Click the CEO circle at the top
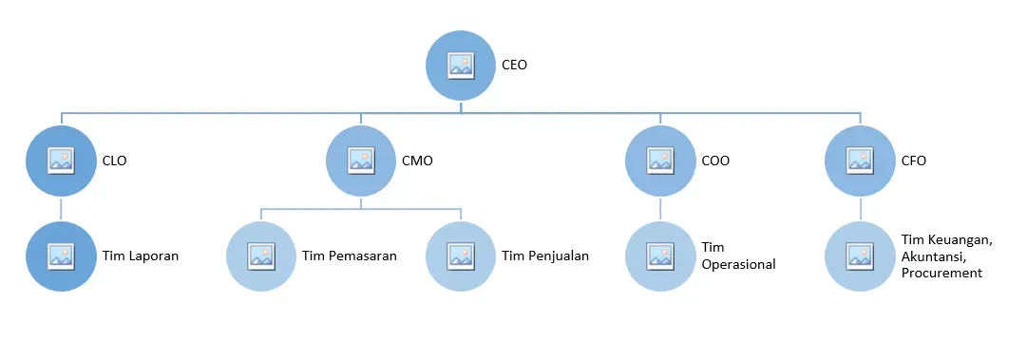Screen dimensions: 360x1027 pyautogui.click(x=461, y=66)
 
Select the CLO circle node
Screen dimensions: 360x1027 pyautogui.click(x=62, y=161)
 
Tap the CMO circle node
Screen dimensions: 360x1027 pyautogui.click(x=361, y=161)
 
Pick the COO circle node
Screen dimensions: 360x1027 pyautogui.click(x=660, y=161)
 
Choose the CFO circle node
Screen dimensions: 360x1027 pyautogui.click(x=860, y=161)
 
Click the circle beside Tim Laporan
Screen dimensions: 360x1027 pyautogui.click(x=62, y=256)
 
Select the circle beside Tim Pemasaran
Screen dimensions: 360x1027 pyautogui.click(x=261, y=256)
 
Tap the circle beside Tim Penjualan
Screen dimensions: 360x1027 pyautogui.click(x=461, y=256)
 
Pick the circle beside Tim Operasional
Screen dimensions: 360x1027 pyautogui.click(x=660, y=256)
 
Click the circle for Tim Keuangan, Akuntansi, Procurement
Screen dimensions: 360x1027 pyautogui.click(x=860, y=256)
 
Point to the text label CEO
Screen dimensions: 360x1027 pyautogui.click(x=514, y=66)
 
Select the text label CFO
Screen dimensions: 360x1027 pyautogui.click(x=912, y=161)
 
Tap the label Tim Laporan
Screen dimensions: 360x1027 pyautogui.click(x=141, y=256)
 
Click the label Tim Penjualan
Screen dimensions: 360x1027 pyautogui.click(x=545, y=256)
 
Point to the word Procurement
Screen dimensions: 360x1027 pyautogui.click(x=941, y=273)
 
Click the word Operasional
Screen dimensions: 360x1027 pyautogui.click(x=737, y=265)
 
